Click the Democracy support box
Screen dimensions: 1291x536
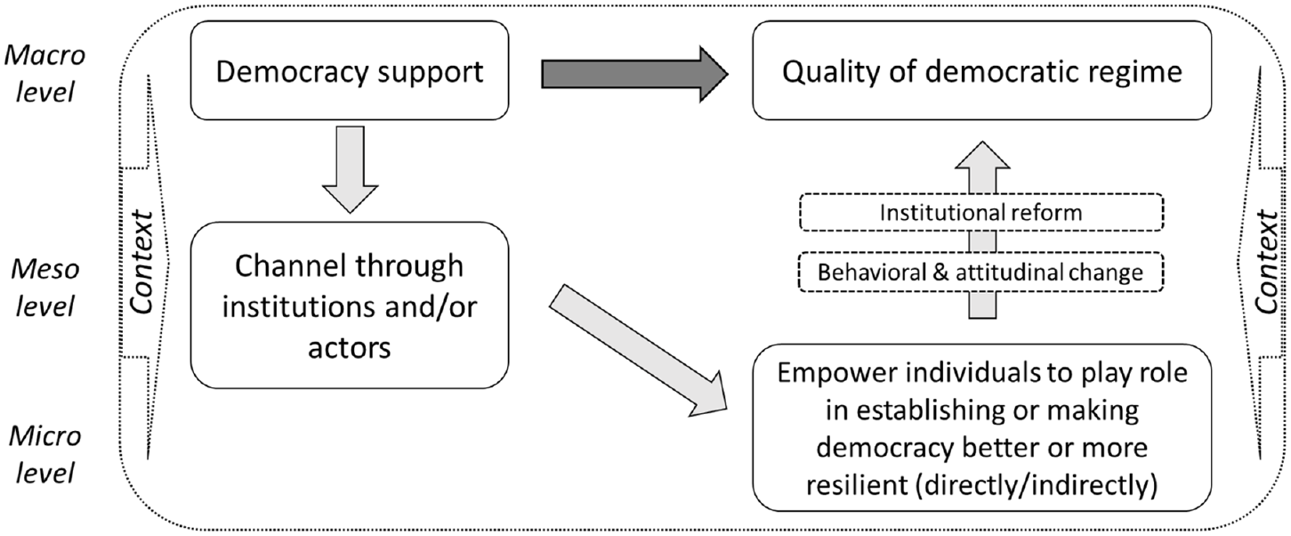click(x=350, y=70)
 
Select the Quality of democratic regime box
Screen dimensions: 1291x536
click(x=981, y=70)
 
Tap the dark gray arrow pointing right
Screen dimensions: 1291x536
click(x=634, y=75)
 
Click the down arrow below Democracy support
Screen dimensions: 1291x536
click(x=350, y=170)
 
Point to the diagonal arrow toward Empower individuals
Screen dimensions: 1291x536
click(x=638, y=351)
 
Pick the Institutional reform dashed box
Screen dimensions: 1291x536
click(x=981, y=212)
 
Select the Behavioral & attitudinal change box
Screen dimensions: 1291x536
click(x=981, y=272)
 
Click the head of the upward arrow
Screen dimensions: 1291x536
click(x=982, y=155)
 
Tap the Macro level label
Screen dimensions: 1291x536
click(x=45, y=73)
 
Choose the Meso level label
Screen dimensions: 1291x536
click(x=45, y=288)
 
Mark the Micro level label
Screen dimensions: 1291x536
click(x=45, y=455)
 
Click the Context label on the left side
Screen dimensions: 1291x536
click(x=141, y=263)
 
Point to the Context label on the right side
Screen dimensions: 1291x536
click(x=1266, y=263)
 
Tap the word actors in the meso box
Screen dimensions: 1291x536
click(x=350, y=348)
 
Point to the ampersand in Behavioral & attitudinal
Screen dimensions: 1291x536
click(x=940, y=272)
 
